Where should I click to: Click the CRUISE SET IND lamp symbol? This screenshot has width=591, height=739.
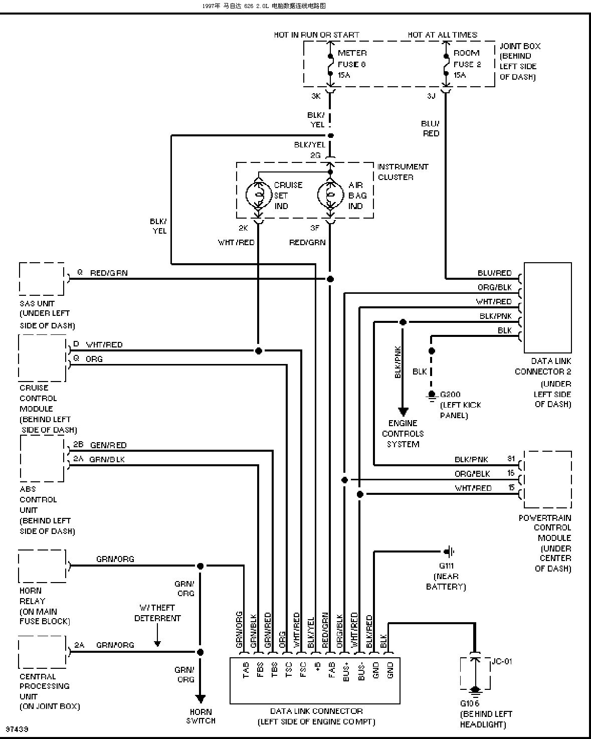click(x=259, y=195)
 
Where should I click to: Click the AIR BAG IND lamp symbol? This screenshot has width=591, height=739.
click(x=330, y=195)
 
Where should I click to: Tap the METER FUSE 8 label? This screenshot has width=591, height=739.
click(x=352, y=64)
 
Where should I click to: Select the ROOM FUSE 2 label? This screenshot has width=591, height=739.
click(x=467, y=64)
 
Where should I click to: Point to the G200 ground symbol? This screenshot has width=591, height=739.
click(x=432, y=396)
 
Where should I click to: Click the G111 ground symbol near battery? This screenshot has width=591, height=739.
click(x=449, y=552)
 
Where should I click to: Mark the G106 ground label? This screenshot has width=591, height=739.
click(x=469, y=703)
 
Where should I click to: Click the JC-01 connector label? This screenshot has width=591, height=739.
click(x=502, y=661)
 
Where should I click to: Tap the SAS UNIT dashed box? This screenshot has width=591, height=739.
click(x=42, y=279)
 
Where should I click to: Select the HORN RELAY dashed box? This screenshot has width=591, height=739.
click(x=42, y=566)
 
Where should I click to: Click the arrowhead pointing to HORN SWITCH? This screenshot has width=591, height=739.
click(x=200, y=698)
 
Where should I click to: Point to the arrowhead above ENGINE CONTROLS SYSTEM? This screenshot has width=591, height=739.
click(x=403, y=412)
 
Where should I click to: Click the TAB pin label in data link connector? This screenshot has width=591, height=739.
click(x=246, y=670)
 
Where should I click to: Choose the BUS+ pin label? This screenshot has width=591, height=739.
click(x=346, y=672)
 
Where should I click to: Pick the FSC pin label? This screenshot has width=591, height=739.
click(x=303, y=670)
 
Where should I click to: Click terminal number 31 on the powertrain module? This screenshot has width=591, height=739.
click(x=511, y=458)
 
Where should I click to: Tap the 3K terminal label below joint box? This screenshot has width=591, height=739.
click(x=316, y=96)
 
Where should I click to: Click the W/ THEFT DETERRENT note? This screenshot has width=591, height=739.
click(x=157, y=613)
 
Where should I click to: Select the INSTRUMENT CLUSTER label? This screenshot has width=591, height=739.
click(x=403, y=171)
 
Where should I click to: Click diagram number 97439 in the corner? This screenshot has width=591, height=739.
click(x=17, y=729)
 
